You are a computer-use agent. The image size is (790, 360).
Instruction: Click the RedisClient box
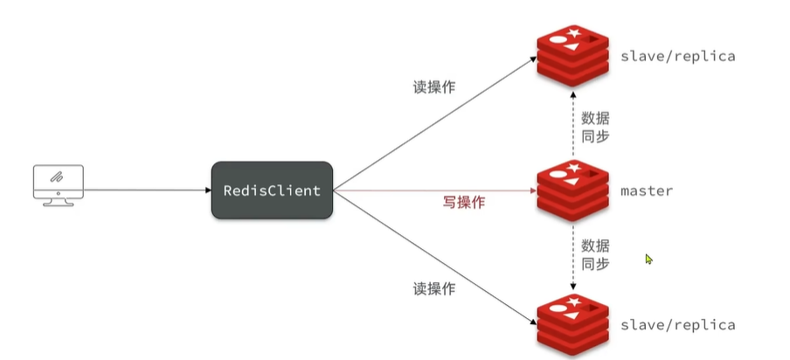(x=271, y=190)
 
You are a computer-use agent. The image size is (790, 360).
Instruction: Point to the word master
(x=647, y=190)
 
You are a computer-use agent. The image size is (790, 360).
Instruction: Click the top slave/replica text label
(x=677, y=56)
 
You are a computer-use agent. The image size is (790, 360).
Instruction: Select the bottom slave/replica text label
(x=677, y=325)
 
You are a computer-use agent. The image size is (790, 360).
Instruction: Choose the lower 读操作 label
(x=433, y=289)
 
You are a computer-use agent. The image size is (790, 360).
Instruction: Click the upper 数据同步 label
(x=596, y=125)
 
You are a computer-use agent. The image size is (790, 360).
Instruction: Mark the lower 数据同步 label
(x=596, y=254)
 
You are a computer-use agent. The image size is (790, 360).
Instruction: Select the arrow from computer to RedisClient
(x=149, y=189)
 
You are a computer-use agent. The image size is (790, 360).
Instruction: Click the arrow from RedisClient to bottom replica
(x=437, y=259)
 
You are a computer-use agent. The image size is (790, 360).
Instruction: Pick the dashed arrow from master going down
(x=572, y=258)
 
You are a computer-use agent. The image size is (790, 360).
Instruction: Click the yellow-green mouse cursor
(x=649, y=260)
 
